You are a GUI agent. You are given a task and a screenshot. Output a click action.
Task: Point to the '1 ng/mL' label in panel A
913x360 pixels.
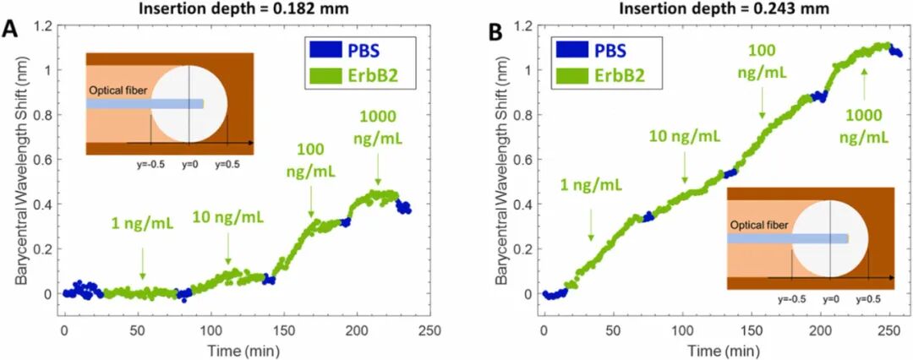point(143,224)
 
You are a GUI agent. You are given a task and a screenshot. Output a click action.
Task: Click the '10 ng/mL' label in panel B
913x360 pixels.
point(685,135)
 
